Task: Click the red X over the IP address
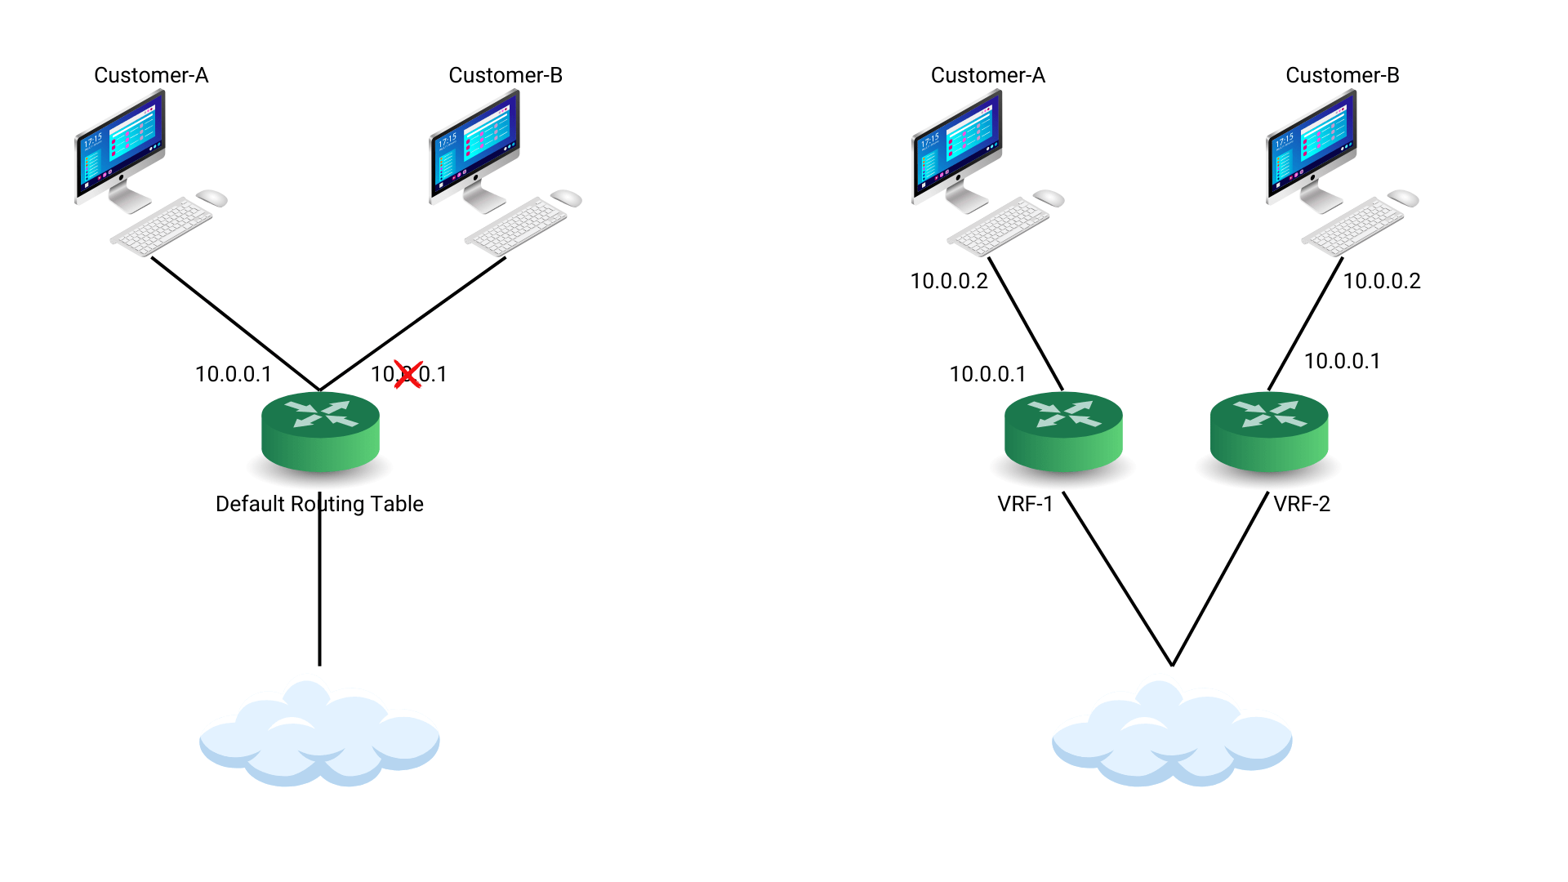pyautogui.click(x=408, y=375)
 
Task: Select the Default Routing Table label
pyautogui.click(x=319, y=504)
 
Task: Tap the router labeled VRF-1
pyautogui.click(x=1063, y=432)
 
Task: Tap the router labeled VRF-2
pyautogui.click(x=1268, y=432)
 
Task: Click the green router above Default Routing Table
pyautogui.click(x=320, y=432)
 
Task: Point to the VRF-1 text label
pyautogui.click(x=1025, y=504)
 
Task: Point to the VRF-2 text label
pyautogui.click(x=1302, y=504)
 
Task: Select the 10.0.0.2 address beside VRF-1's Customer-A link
pyautogui.click(x=949, y=281)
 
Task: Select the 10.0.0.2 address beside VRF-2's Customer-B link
pyautogui.click(x=1382, y=281)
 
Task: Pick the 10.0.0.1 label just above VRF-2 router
pyautogui.click(x=1342, y=361)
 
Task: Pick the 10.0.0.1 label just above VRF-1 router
pyautogui.click(x=987, y=374)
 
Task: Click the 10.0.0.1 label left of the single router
pyautogui.click(x=233, y=374)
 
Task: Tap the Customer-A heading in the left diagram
pyautogui.click(x=151, y=75)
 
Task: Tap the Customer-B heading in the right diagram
pyautogui.click(x=1342, y=75)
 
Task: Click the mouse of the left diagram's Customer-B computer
pyautogui.click(x=566, y=198)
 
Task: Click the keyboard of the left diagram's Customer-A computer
pyautogui.click(x=162, y=226)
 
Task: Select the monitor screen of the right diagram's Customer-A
pyautogui.click(x=956, y=145)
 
